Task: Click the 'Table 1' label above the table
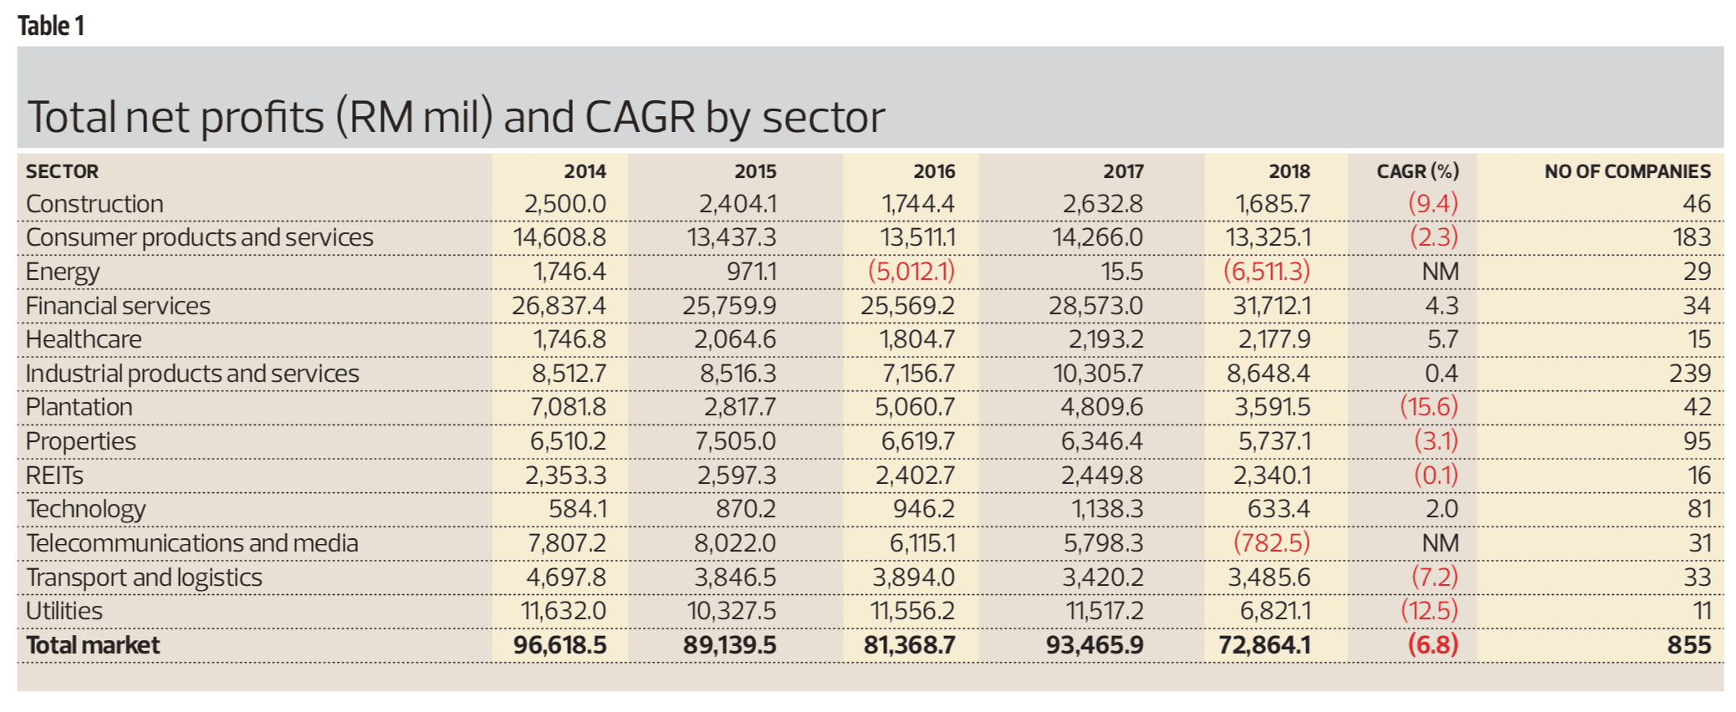pyautogui.click(x=51, y=26)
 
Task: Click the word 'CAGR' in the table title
pyautogui.click(x=640, y=117)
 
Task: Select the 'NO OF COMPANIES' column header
pyautogui.click(x=1626, y=171)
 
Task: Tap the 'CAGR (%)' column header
pyautogui.click(x=1417, y=171)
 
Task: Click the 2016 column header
pyautogui.click(x=934, y=171)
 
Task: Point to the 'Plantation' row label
pyautogui.click(x=79, y=407)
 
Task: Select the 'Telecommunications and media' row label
pyautogui.click(x=192, y=543)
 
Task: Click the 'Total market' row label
pyautogui.click(x=93, y=645)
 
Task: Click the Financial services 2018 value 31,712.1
pyautogui.click(x=1271, y=306)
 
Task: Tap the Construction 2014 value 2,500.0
pyautogui.click(x=564, y=204)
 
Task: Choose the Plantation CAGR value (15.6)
pyautogui.click(x=1428, y=407)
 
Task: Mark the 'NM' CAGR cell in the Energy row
pyautogui.click(x=1440, y=272)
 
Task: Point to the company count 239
pyautogui.click(x=1689, y=374)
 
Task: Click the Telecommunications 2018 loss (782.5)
pyautogui.click(x=1271, y=543)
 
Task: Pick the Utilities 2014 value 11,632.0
pyautogui.click(x=563, y=611)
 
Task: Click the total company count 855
pyautogui.click(x=1688, y=645)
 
